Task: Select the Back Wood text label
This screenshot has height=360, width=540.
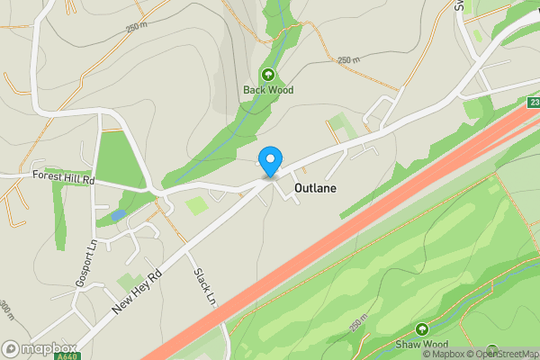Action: click(x=268, y=90)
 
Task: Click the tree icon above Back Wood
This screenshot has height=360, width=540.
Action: click(x=268, y=74)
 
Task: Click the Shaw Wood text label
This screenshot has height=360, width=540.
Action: click(x=421, y=345)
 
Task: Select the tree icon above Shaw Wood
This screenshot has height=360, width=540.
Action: click(x=421, y=328)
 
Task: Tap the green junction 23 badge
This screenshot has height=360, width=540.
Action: click(x=532, y=103)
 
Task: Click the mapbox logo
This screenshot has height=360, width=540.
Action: click(x=39, y=348)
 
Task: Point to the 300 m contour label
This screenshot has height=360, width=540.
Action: click(x=6, y=310)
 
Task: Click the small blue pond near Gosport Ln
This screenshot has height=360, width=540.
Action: click(x=118, y=216)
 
